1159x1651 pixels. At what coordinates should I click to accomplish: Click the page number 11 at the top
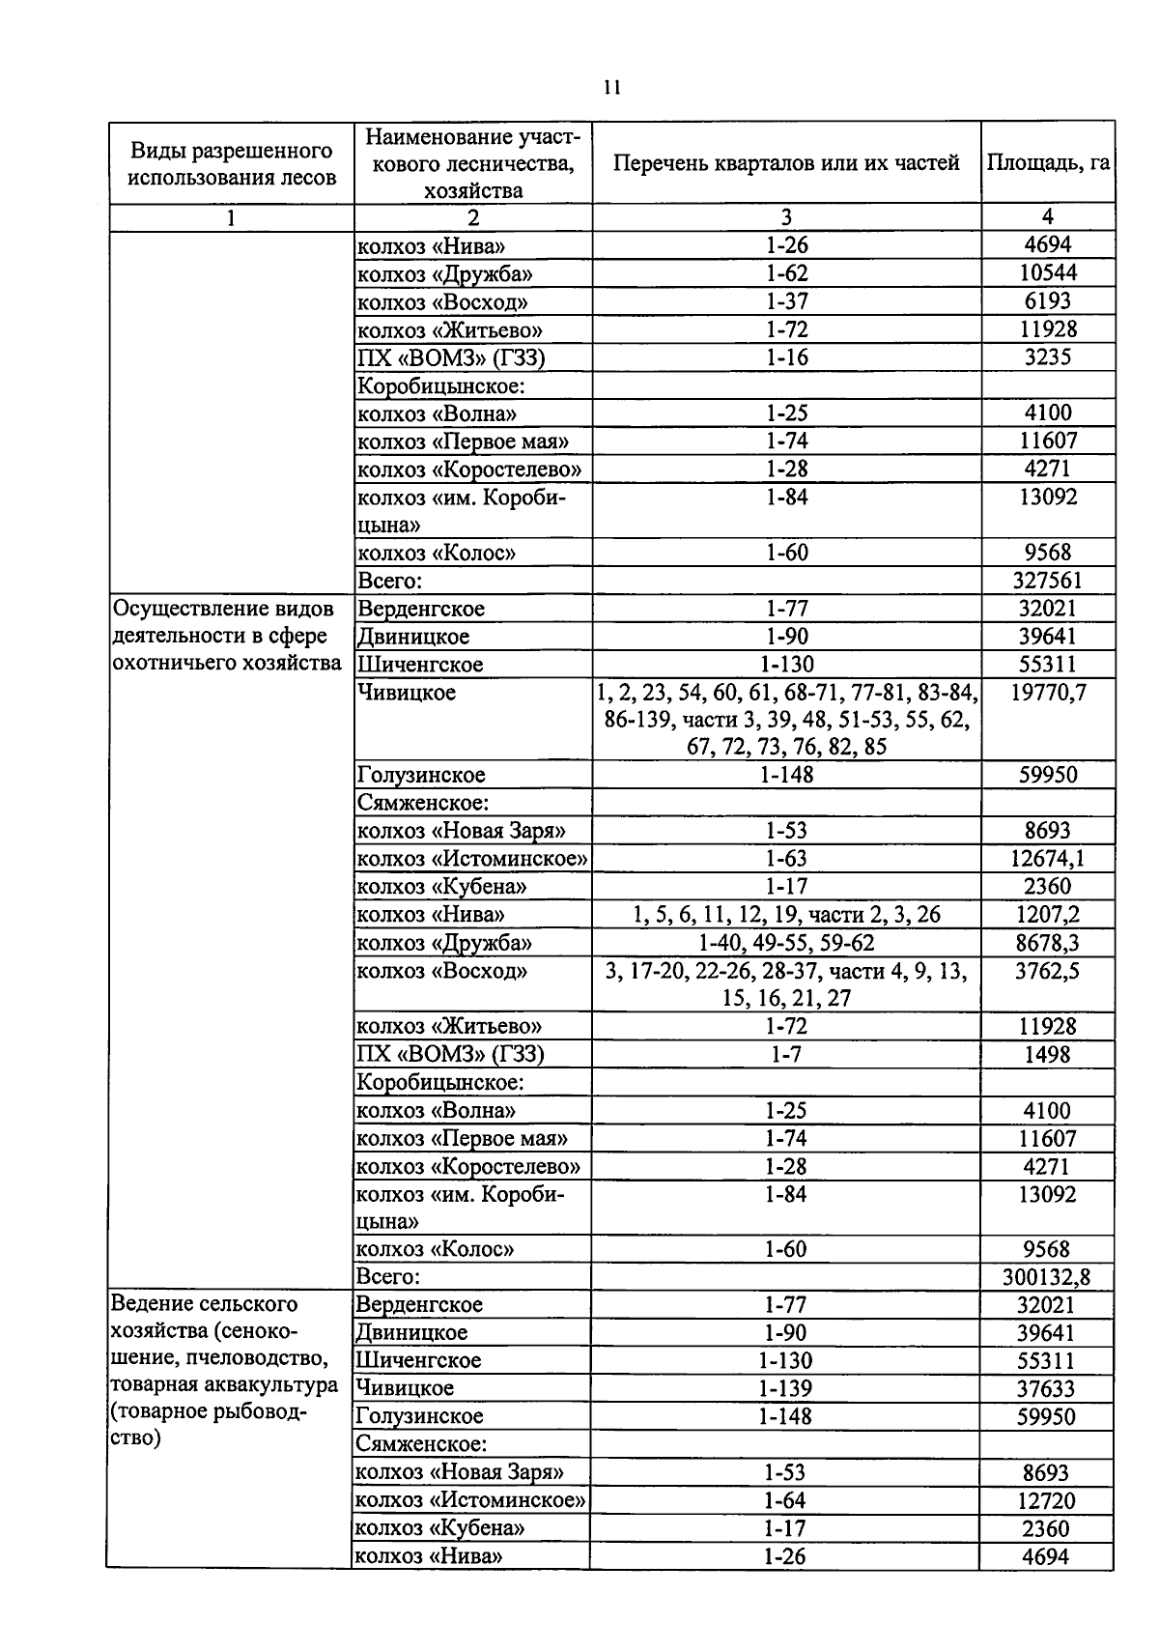coord(610,87)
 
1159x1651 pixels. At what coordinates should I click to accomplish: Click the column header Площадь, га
coord(1047,162)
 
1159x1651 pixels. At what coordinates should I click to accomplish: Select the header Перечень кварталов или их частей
coord(786,162)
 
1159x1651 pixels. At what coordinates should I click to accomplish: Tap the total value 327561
coord(1047,581)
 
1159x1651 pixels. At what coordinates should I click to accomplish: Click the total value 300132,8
coord(1046,1277)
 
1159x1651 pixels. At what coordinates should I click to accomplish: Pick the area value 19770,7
coord(1047,693)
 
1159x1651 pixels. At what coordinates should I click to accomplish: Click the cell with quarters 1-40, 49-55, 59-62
coord(786,943)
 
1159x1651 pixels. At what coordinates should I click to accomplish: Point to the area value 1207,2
coord(1047,915)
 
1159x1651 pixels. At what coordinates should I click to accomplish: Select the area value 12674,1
coord(1047,859)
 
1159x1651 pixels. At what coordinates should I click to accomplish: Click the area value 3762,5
coord(1047,971)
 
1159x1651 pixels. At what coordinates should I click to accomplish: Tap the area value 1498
coord(1047,1055)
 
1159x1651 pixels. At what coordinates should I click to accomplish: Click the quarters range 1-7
coord(786,1055)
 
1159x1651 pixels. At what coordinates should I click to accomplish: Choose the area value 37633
coord(1046,1388)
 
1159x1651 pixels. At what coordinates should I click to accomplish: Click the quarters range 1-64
coord(784,1500)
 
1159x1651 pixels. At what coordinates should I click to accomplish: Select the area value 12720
coord(1046,1500)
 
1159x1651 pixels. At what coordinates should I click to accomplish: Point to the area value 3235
coord(1047,357)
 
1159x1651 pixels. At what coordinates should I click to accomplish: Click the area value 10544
coord(1047,273)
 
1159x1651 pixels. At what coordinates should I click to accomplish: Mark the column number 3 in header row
coord(786,217)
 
